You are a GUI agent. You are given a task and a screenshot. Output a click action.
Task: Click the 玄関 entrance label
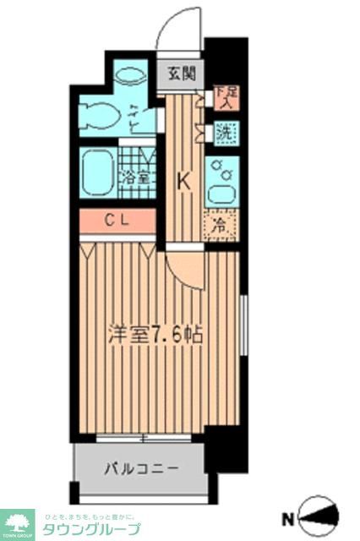point(180,74)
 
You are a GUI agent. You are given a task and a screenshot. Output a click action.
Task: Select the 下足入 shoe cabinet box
point(224,98)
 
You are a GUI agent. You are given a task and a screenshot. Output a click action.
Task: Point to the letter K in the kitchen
point(181,180)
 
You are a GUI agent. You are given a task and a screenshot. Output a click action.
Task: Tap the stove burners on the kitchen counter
point(222,167)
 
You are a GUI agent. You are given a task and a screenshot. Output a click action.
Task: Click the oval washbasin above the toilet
point(131,75)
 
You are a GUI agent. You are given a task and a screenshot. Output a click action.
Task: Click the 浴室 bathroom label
point(135,178)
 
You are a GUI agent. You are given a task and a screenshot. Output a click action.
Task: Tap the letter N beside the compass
point(288,518)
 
